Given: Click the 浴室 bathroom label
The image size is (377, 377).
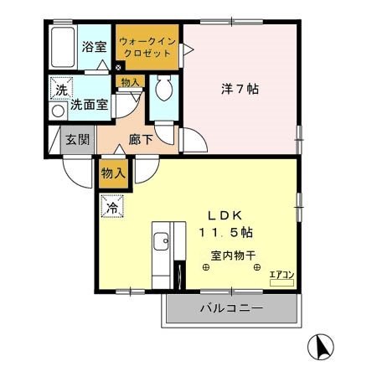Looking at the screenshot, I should coord(94,47).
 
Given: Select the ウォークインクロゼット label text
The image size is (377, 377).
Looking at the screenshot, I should coord(146,47).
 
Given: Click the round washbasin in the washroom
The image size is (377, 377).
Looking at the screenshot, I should coord(58,110).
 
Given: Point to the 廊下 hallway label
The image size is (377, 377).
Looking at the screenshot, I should coord(141,140).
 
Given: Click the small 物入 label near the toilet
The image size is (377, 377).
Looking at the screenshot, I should coord(130,82).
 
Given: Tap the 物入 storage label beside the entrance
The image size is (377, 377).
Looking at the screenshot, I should coord(112,173).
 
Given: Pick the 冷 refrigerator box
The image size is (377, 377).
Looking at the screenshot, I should coord(111,204).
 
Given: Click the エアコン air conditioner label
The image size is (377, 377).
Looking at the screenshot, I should coord(281,275).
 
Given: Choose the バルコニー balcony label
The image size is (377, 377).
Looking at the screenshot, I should coord(232,308).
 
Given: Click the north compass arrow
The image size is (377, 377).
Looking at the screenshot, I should coord(323,345).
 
